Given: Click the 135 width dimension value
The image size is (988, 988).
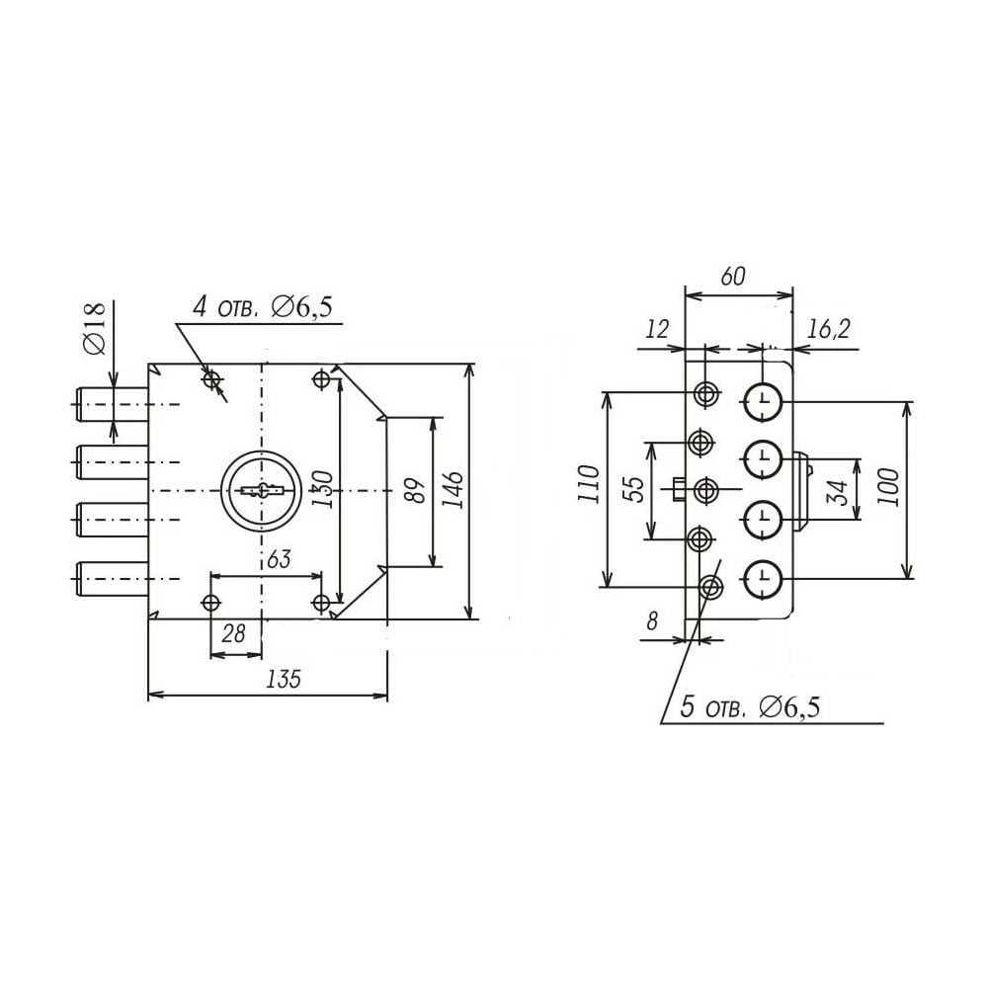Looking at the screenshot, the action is [284, 680].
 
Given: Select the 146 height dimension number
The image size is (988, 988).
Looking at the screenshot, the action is [453, 489].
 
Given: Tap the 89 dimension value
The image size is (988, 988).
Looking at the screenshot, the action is [417, 490].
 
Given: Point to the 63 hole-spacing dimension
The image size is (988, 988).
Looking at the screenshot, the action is [279, 559].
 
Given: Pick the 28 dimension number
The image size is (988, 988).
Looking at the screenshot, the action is [233, 633].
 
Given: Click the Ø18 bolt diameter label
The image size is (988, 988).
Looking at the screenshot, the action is [95, 328].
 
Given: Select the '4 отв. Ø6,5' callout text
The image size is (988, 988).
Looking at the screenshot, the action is [263, 307].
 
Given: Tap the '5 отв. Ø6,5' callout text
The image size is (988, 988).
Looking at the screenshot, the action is [750, 707].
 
